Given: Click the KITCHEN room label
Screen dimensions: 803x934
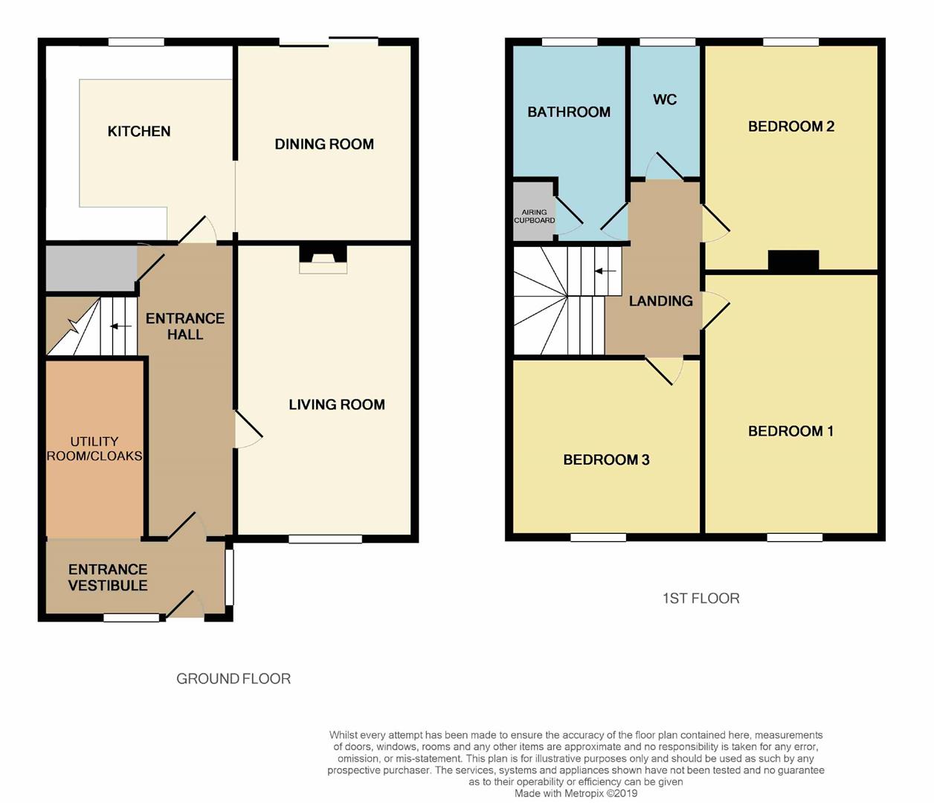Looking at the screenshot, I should tap(139, 132).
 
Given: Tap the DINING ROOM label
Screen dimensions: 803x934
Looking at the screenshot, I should tap(324, 144).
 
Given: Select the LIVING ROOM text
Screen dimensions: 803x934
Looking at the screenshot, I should tap(337, 404).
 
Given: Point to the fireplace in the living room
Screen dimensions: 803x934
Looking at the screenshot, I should tap(323, 257).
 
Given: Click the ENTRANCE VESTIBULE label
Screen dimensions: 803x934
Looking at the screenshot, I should tap(108, 578).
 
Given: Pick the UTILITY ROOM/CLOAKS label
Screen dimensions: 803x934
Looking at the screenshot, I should tap(94, 448).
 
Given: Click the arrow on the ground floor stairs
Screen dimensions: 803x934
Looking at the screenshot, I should tap(120, 326).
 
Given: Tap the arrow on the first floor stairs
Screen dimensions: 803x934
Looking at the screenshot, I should tap(605, 271).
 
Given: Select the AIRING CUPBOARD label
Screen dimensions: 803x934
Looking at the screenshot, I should tap(534, 216).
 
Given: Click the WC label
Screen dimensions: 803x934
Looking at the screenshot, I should tap(665, 100).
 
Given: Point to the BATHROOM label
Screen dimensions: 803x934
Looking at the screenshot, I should tap(569, 112).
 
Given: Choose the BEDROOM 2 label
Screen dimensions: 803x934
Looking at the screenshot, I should tap(791, 126).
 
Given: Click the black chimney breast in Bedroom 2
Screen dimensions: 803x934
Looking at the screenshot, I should tap(793, 260).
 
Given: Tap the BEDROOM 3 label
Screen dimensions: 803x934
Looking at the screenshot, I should tap(606, 459).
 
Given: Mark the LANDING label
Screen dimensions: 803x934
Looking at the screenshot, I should tap(660, 301).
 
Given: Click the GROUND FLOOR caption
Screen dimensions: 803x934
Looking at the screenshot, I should tap(233, 678).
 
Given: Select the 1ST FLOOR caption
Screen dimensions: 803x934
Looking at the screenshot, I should tap(700, 598).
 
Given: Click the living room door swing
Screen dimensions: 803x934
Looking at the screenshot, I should tap(248, 430).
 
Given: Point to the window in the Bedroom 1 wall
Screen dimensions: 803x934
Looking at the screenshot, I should tap(794, 537).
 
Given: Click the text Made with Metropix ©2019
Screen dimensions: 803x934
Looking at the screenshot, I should tap(576, 793).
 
